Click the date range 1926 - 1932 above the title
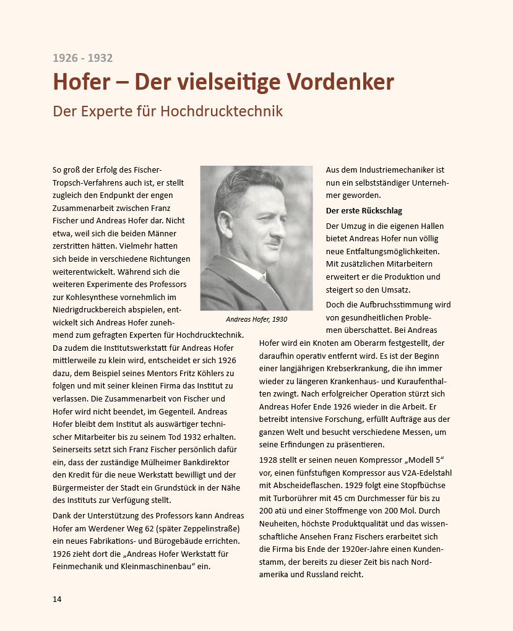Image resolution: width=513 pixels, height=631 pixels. point(82,58)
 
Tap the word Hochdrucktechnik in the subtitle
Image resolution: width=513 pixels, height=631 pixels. point(222,111)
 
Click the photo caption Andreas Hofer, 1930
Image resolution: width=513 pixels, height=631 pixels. point(256,319)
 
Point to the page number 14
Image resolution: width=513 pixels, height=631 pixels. point(57,599)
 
